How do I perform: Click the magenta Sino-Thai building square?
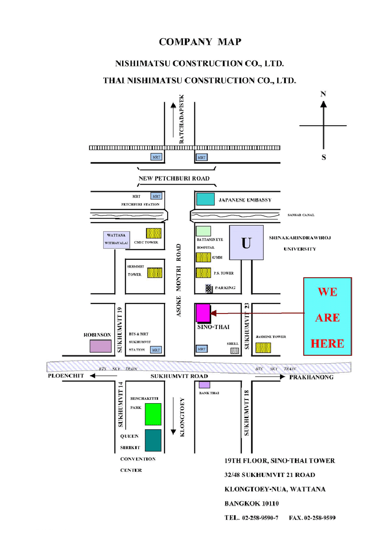(202, 313)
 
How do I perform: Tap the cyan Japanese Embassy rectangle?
(205, 199)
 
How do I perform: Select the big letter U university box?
(246, 243)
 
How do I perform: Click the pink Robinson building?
(100, 346)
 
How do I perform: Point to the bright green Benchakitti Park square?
(153, 414)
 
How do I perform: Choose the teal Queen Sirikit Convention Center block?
(153, 440)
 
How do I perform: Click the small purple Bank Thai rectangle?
(204, 385)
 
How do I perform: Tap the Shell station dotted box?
(234, 350)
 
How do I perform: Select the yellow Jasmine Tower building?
(263, 348)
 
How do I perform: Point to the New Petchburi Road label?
(174, 178)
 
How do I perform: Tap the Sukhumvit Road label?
(179, 376)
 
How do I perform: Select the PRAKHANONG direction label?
(311, 377)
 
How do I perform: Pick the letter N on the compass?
(323, 94)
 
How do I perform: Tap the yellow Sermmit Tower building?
(155, 273)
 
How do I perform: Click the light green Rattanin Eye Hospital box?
(203, 231)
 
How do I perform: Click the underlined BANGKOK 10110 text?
(252, 503)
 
